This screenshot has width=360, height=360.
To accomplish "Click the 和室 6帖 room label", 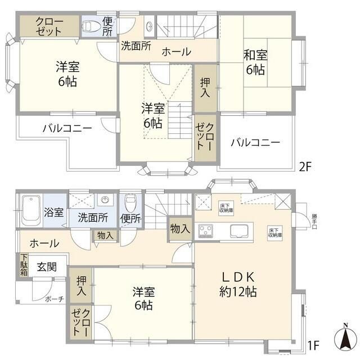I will tap(254, 62).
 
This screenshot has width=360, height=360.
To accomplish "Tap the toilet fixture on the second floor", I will tap(91, 25).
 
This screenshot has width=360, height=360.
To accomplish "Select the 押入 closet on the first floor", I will tap(82, 285).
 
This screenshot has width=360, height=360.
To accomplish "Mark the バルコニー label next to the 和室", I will tap(255, 142).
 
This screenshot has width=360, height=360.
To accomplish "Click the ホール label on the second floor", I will tap(176, 52).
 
